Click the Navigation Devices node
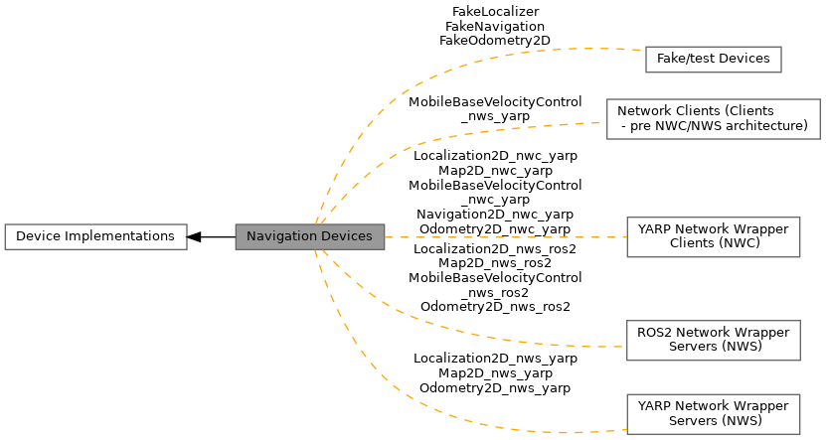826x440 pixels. [x=309, y=236]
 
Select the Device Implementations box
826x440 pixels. [x=95, y=236]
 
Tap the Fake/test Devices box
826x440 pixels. [x=713, y=59]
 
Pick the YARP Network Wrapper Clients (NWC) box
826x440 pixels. [x=713, y=236]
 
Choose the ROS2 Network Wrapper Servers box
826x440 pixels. [x=713, y=340]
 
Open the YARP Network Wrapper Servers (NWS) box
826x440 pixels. [x=713, y=413]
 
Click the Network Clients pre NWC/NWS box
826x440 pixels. [x=713, y=118]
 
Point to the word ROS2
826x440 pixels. [x=654, y=333]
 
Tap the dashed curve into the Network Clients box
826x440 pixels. [x=447, y=137]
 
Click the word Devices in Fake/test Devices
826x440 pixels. [x=743, y=59]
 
